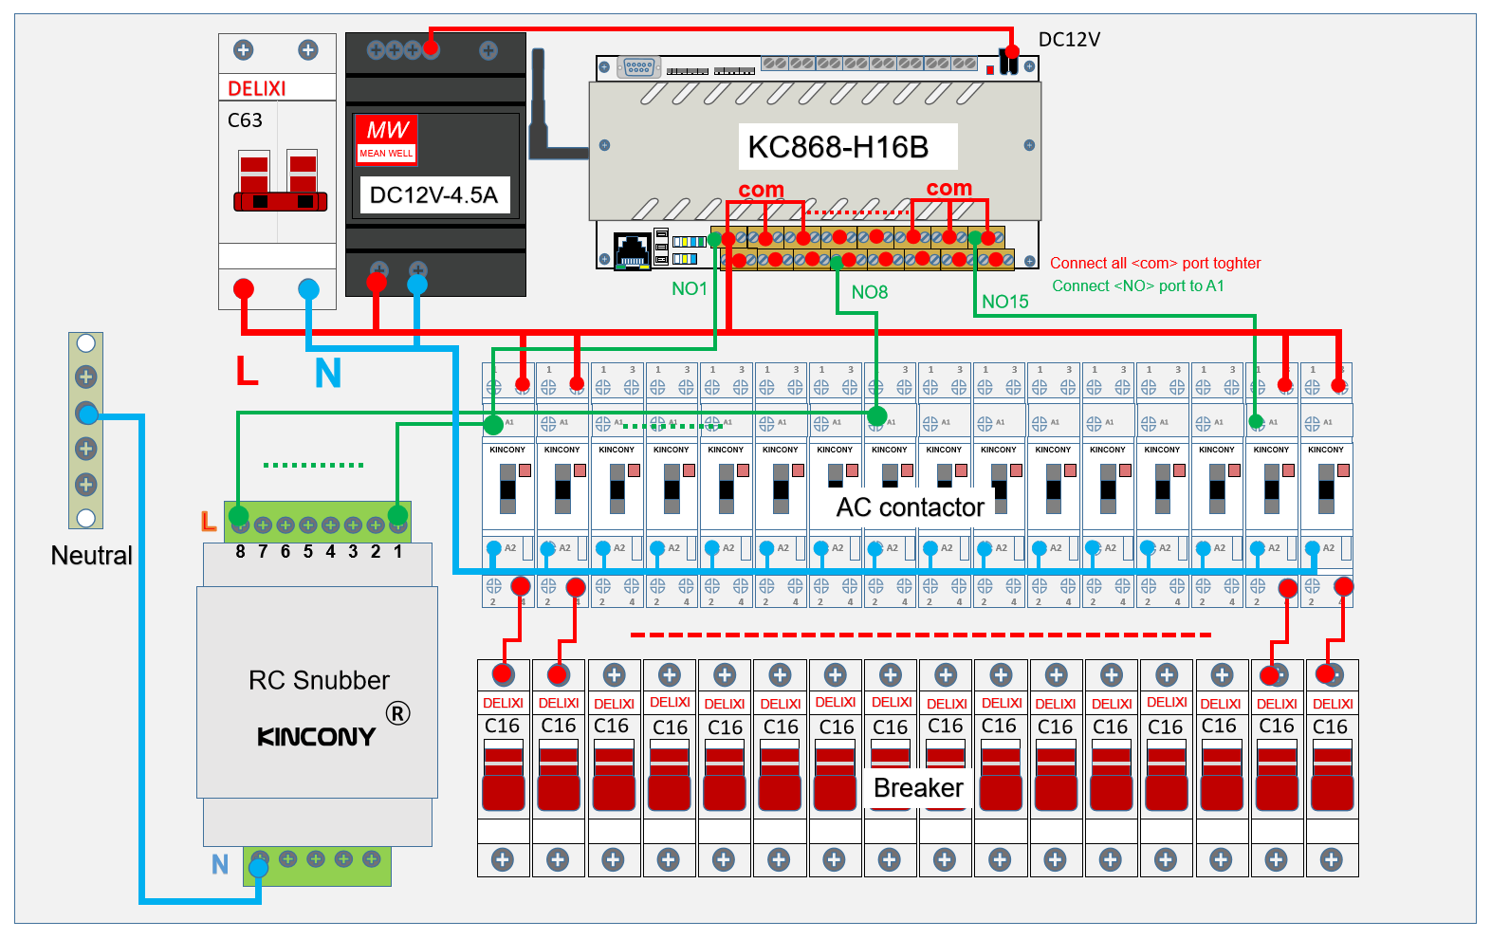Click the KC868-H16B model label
coord(838,147)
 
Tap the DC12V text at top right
coord(1069,40)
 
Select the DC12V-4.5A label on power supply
coord(433,195)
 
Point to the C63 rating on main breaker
coord(245,120)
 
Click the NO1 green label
coord(690,288)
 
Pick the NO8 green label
coord(870,292)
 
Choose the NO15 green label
coord(1005,302)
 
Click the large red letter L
coord(247,370)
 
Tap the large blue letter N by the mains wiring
coord(328,374)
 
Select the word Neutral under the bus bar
coord(91,556)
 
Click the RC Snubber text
coord(319,680)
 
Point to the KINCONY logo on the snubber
coord(317,737)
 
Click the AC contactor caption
coord(910,507)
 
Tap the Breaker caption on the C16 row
coord(918,788)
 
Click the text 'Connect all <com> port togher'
coord(1155,264)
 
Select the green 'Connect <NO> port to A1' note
coord(1138,286)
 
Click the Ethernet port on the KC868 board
coord(633,249)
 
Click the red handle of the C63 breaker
coord(280,200)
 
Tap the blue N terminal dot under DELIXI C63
coord(308,288)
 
